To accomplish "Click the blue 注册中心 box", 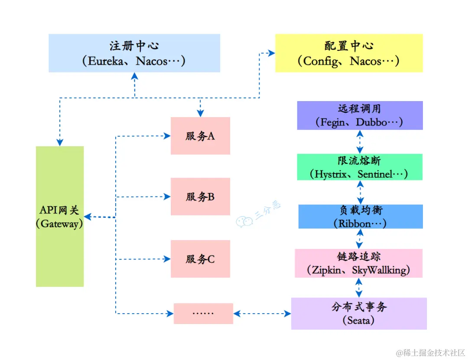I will tap(134, 53).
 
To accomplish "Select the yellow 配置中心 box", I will tap(349, 53).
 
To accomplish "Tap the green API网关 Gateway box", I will tap(60, 216).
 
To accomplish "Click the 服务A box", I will tap(200, 136).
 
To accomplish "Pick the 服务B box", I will tap(200, 196).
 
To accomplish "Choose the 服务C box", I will tap(200, 259).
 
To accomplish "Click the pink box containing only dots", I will tap(203, 313).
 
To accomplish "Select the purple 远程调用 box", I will tap(360, 115).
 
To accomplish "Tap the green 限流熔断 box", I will tap(360, 167).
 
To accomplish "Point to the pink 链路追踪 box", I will tap(359, 263).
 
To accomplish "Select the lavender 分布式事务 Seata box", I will tap(359, 313).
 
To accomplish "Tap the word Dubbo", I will tap(371, 122).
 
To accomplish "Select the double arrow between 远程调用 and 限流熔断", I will tap(360, 142).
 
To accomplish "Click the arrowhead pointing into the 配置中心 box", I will tap(272, 53).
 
